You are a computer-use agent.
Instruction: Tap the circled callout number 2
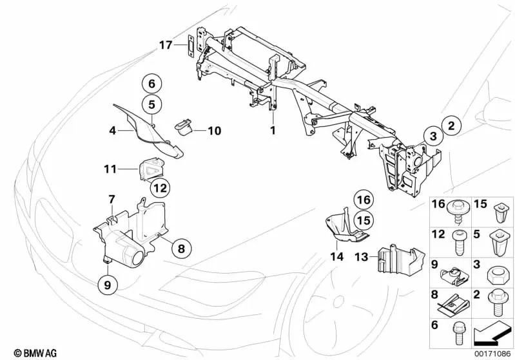click(x=451, y=125)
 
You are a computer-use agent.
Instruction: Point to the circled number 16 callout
click(x=364, y=199)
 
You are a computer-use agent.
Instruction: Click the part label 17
click(x=166, y=45)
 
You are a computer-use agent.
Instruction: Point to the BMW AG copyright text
click(x=24, y=353)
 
